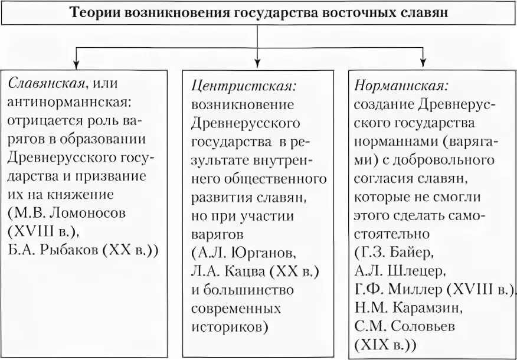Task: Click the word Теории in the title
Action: (96, 13)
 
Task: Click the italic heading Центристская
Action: (244, 86)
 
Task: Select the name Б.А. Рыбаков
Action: (54, 248)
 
